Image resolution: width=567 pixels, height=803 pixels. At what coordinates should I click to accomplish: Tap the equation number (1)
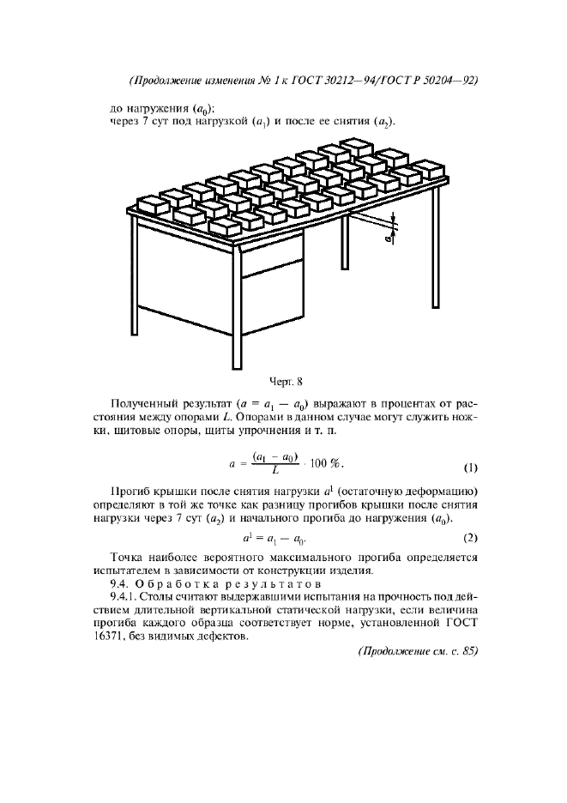[x=470, y=468]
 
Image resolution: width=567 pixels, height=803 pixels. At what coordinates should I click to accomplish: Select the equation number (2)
[x=470, y=538]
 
